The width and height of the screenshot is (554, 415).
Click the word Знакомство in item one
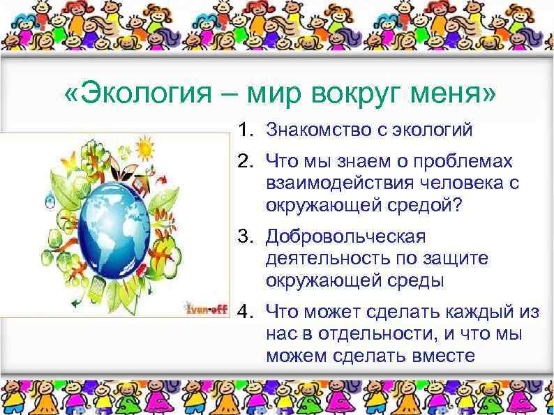[x=311, y=130]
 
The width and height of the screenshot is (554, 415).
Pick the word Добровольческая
[x=345, y=236]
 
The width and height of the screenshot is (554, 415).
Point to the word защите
[x=463, y=259]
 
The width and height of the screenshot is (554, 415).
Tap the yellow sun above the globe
[x=144, y=147]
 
